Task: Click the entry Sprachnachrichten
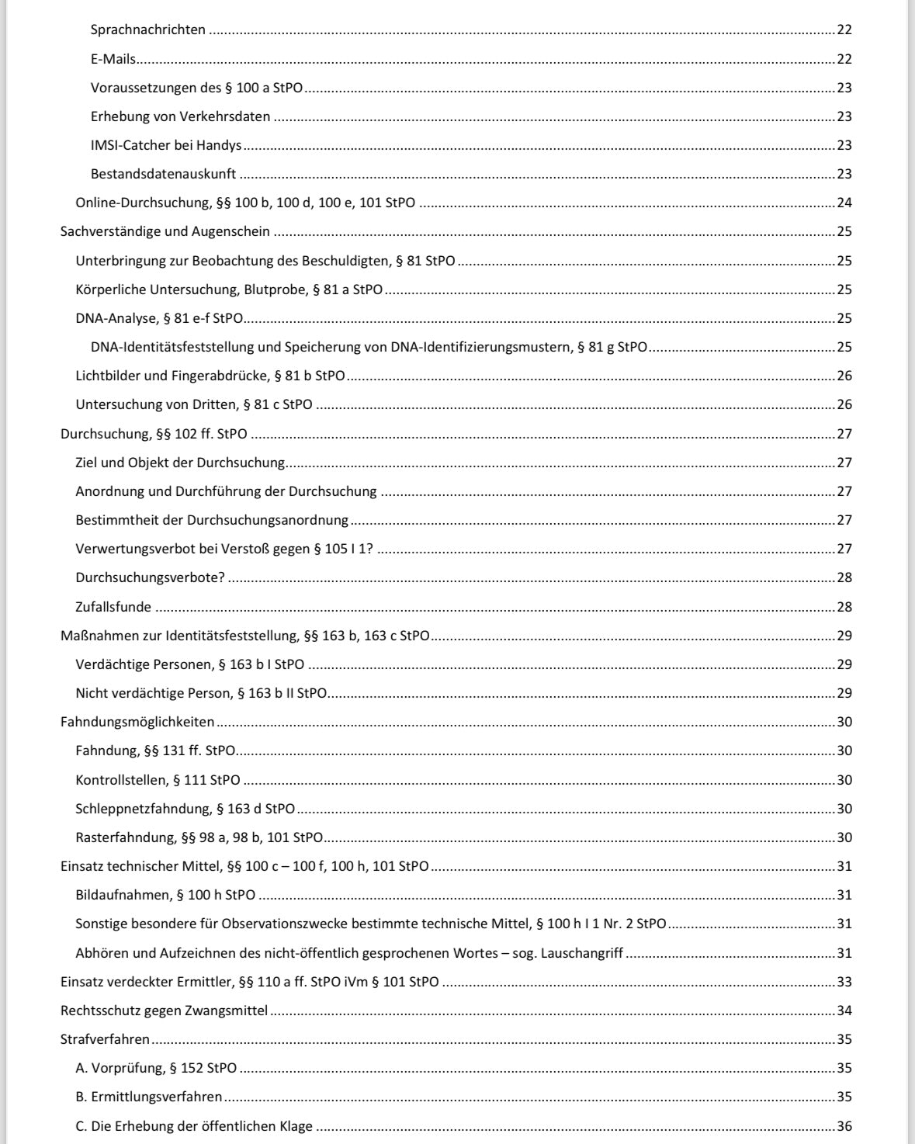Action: [148, 30]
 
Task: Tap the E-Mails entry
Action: [113, 59]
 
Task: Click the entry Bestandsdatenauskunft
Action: [163, 174]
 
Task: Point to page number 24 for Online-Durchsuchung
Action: [844, 203]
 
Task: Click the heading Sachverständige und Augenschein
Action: [165, 232]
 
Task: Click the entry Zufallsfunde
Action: [113, 607]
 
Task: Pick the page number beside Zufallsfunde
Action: [844, 607]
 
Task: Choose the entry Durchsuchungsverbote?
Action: [151, 578]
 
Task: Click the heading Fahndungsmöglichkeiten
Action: [137, 722]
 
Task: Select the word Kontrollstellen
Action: [120, 780]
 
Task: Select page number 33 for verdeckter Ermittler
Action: [844, 982]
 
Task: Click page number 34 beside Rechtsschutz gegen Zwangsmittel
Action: [844, 1011]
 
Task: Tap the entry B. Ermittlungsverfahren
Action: [149, 1097]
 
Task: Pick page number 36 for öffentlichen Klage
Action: [844, 1126]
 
